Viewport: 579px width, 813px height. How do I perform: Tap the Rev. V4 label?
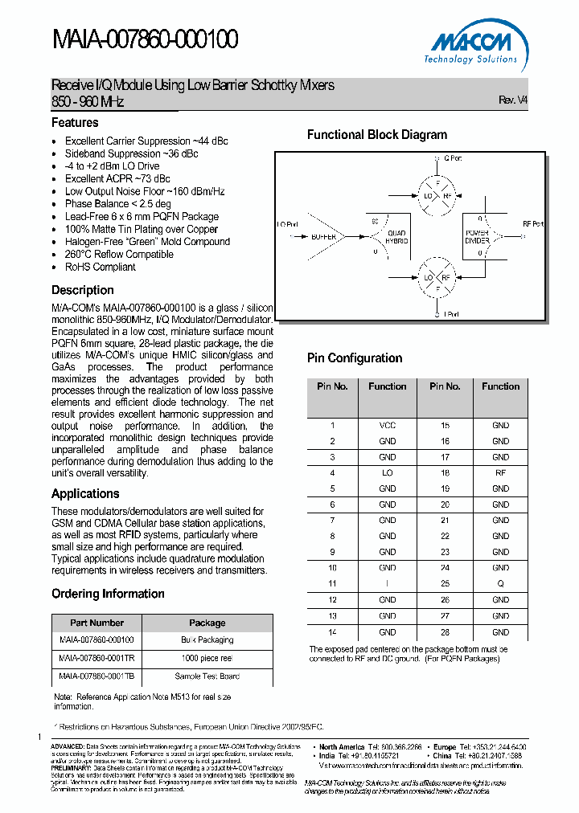512,100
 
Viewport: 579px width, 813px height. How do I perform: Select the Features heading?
75,123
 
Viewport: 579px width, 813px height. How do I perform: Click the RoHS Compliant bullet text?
101,267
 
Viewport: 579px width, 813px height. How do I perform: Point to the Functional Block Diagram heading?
377,135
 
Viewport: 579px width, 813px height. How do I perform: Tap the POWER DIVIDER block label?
478,237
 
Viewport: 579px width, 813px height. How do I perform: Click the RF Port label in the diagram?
533,224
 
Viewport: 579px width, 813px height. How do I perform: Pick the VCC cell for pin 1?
388,425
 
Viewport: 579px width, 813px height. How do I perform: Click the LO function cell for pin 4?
388,473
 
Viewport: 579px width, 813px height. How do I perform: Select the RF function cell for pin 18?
500,473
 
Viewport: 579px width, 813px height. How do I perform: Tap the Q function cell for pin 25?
500,584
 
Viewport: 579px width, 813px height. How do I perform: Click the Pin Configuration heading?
355,358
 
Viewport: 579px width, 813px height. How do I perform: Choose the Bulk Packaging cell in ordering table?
207,640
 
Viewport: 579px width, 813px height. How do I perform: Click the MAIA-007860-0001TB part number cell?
96,676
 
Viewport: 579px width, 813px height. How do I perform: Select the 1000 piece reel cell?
207,658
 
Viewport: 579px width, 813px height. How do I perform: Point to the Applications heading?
85,494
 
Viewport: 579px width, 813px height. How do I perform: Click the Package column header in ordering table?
207,623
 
